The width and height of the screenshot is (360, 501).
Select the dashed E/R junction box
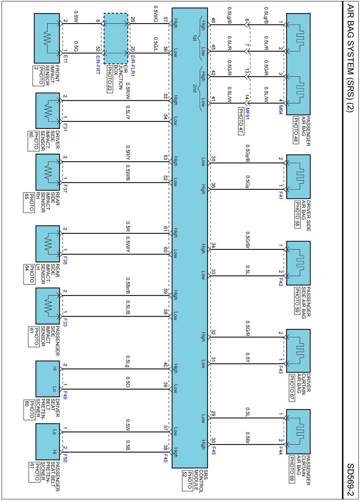(x=115, y=39)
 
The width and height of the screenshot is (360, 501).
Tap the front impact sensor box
(x=47, y=38)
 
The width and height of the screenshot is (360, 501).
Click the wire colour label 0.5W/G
(x=156, y=14)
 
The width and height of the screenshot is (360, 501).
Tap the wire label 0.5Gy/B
(x=248, y=153)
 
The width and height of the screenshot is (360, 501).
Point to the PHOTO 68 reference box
(x=291, y=470)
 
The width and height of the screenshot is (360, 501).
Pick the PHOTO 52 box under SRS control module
(x=187, y=480)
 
